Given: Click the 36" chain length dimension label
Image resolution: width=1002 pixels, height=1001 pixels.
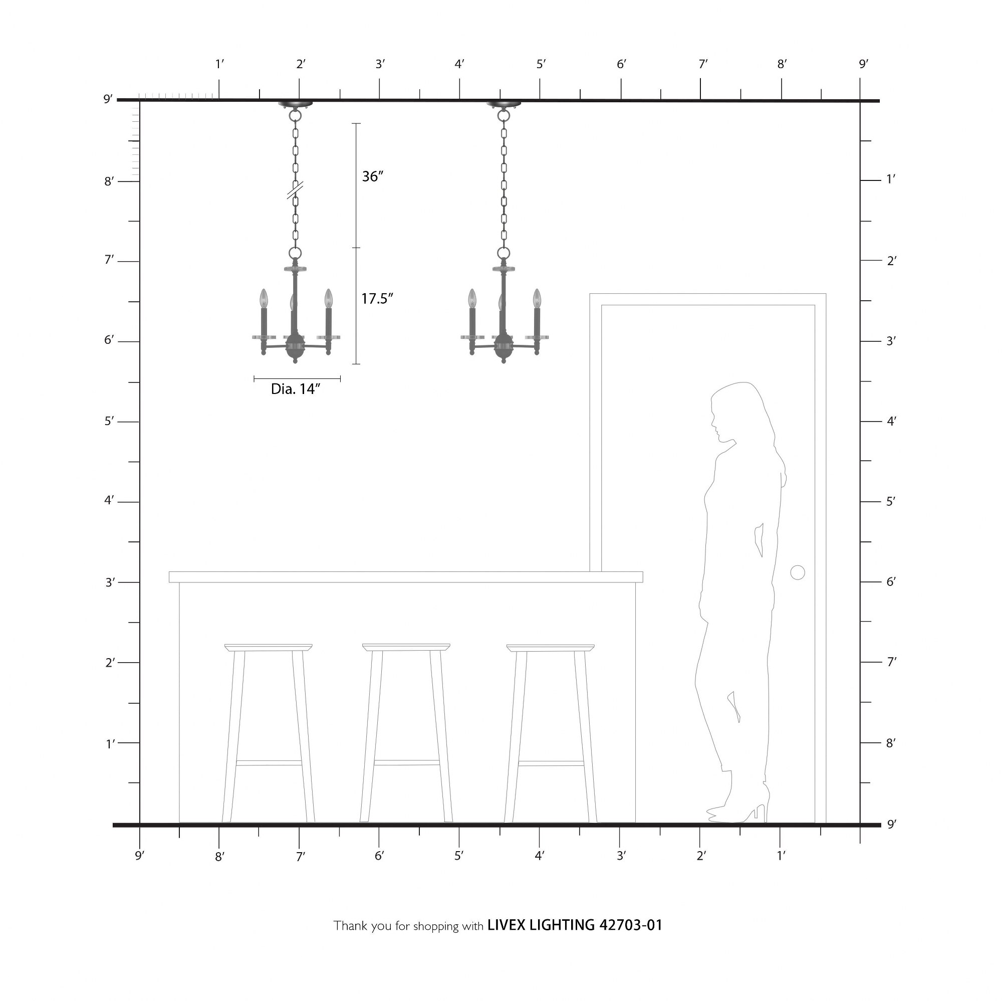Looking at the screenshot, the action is click(372, 177).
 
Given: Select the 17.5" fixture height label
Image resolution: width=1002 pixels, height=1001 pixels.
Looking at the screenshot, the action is click(377, 299).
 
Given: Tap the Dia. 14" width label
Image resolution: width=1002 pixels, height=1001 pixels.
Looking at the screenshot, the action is click(296, 389).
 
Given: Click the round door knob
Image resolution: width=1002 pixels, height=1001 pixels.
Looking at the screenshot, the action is click(798, 573).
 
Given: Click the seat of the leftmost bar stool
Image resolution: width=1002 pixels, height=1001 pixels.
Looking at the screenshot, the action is click(268, 648).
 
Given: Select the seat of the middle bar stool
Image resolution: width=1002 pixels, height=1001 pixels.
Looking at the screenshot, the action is click(406, 647).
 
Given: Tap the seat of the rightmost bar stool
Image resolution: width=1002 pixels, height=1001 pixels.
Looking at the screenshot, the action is click(550, 648).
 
